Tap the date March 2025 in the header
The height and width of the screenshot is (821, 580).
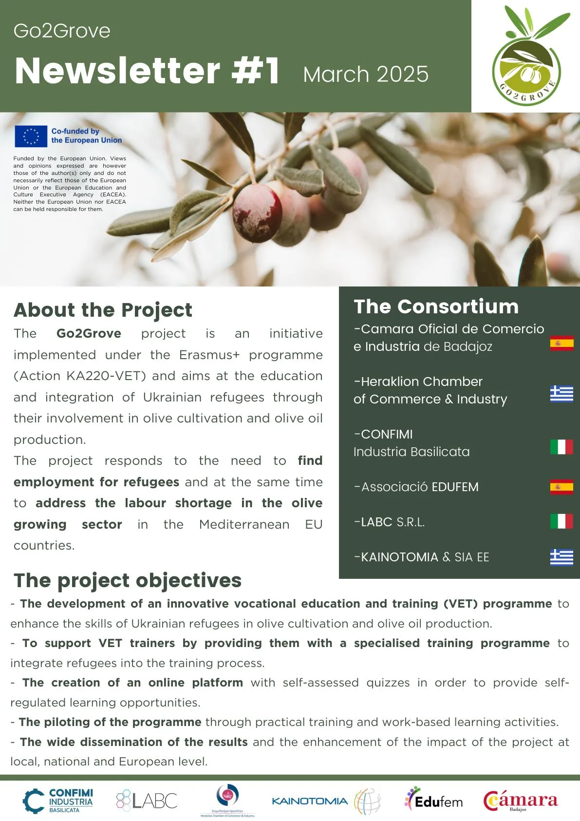pyautogui.click(x=366, y=75)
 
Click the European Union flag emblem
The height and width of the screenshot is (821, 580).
pyautogui.click(x=31, y=136)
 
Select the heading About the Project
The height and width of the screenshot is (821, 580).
pyautogui.click(x=103, y=310)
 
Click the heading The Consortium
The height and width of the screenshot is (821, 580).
pyautogui.click(x=436, y=306)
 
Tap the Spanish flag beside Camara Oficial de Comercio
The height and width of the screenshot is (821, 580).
pyautogui.click(x=561, y=343)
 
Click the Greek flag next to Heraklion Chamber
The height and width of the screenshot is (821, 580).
pyautogui.click(x=561, y=394)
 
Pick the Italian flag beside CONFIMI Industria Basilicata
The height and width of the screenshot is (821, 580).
pyautogui.click(x=561, y=446)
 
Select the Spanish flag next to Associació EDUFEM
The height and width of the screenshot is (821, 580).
pyautogui.click(x=561, y=487)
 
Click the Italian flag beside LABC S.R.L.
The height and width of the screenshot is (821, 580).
pyautogui.click(x=561, y=521)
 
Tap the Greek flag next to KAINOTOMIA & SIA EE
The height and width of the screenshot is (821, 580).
pyautogui.click(x=561, y=557)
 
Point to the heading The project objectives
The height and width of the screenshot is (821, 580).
pyautogui.click(x=128, y=580)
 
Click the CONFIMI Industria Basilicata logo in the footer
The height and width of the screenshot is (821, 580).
pyautogui.click(x=58, y=801)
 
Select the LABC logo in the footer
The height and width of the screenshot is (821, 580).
pyautogui.click(x=147, y=801)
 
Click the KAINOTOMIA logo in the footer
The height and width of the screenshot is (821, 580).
pyautogui.click(x=325, y=801)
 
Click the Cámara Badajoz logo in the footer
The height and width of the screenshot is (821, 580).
pyautogui.click(x=520, y=801)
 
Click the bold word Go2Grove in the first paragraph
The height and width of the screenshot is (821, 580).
pyautogui.click(x=89, y=333)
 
